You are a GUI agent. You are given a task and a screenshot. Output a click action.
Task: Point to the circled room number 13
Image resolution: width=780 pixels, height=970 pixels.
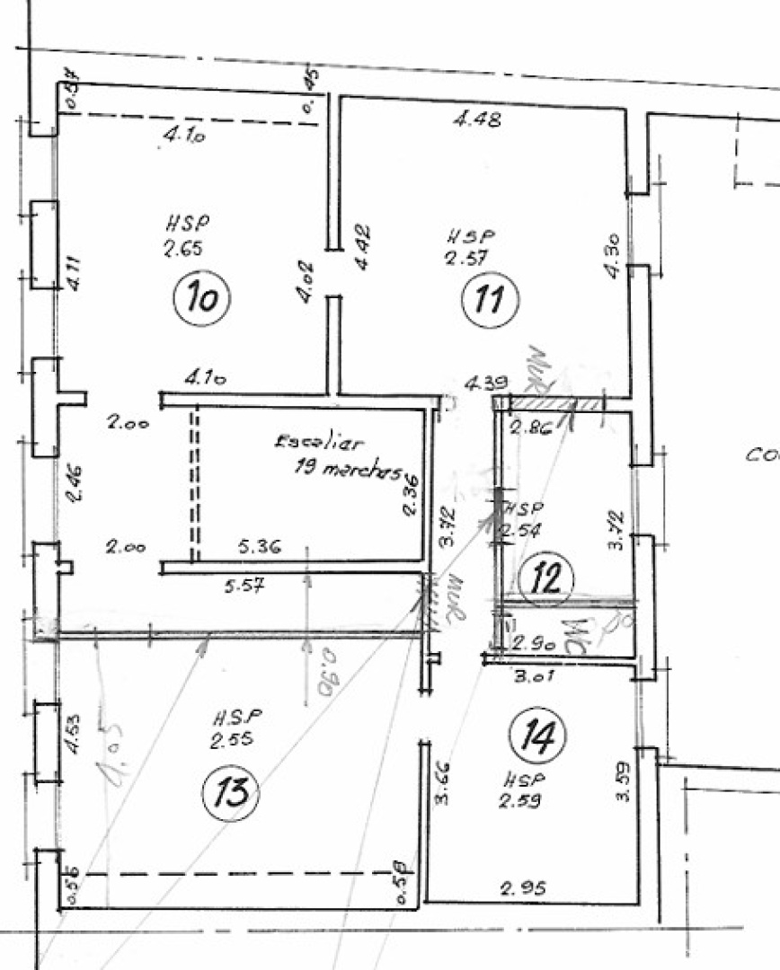[x=231, y=793]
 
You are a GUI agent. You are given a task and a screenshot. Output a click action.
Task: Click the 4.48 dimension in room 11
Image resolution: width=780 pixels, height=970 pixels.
[x=478, y=119]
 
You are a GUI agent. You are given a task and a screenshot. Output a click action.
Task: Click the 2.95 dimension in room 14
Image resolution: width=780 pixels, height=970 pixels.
[x=525, y=889]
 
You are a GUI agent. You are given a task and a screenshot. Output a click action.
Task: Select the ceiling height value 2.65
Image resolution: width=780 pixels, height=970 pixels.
[x=182, y=251]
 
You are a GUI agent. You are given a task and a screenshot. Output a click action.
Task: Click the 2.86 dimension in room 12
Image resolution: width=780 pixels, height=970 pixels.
[x=530, y=428]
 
